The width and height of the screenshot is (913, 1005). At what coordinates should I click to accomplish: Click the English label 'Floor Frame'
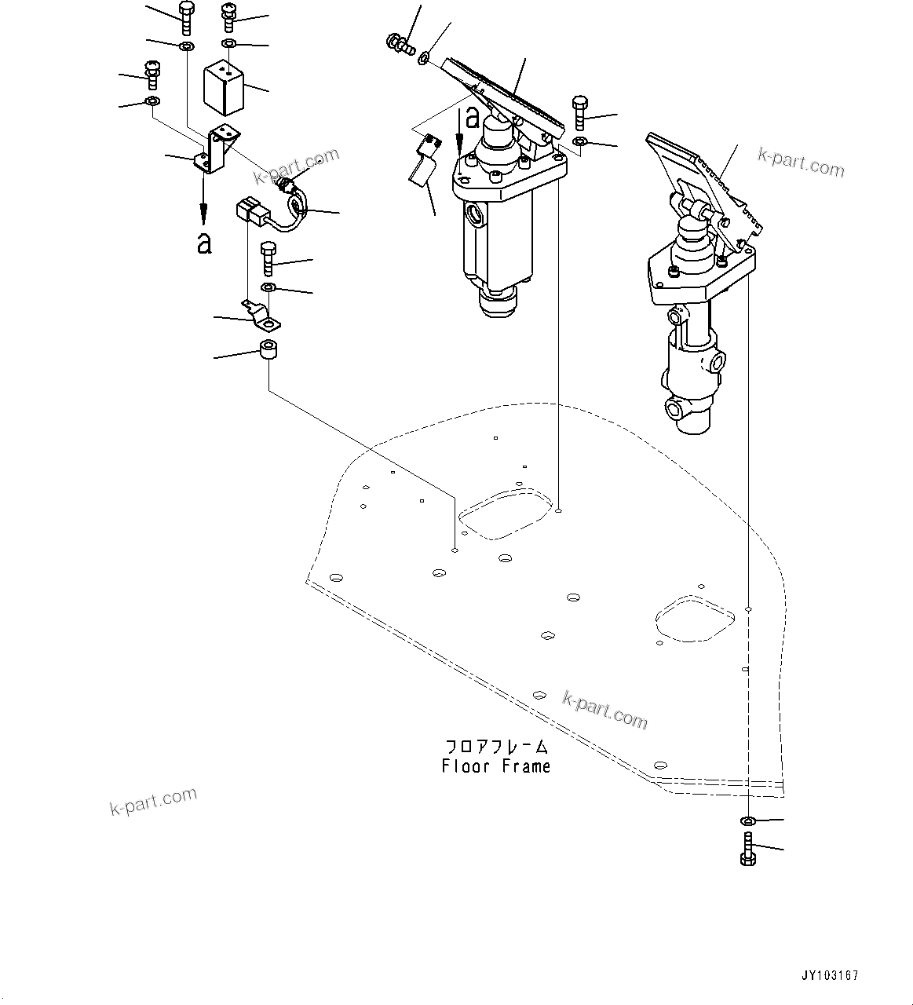click(495, 766)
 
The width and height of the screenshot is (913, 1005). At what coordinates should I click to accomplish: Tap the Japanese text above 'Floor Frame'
click(495, 747)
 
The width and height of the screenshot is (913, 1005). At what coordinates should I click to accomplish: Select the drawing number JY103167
click(830, 975)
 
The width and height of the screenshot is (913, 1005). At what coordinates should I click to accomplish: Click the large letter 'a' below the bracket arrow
click(204, 244)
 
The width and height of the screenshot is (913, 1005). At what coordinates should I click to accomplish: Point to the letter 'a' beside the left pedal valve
click(472, 118)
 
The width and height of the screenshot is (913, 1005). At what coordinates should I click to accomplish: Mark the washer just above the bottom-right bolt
click(747, 821)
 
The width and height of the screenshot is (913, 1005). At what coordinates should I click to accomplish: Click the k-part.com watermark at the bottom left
click(153, 802)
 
